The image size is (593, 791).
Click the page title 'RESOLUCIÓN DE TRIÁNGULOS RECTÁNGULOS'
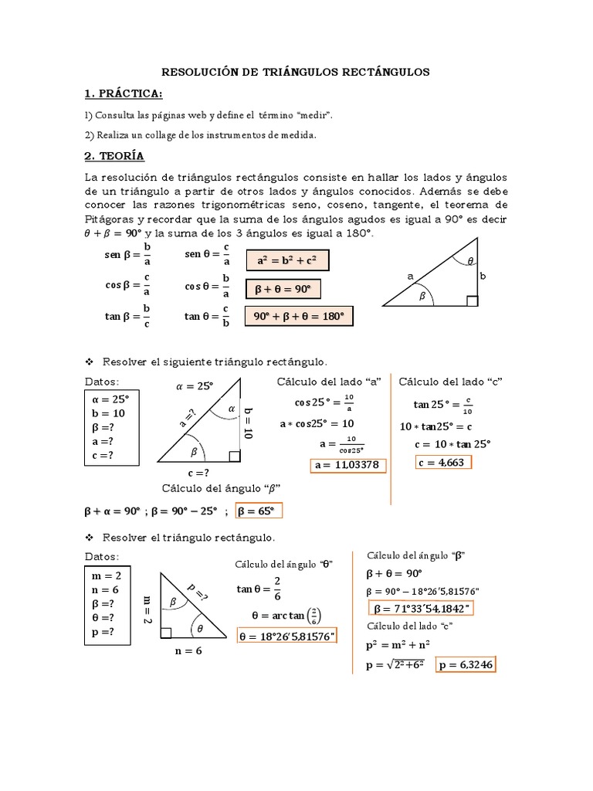click(295, 72)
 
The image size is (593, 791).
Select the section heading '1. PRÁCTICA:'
click(124, 93)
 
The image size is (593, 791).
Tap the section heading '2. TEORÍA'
click(114, 155)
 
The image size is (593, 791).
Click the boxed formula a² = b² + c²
click(287, 262)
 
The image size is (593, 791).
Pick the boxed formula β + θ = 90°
click(283, 290)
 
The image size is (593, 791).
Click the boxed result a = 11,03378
click(347, 464)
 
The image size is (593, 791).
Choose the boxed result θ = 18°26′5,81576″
click(286, 637)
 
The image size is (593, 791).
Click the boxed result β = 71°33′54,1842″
click(422, 608)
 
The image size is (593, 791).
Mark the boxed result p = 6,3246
click(466, 664)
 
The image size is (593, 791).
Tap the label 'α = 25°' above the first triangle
click(194, 386)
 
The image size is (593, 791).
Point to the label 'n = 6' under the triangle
click(188, 651)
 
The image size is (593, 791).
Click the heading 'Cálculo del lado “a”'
click(330, 382)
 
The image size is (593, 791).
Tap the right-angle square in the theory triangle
click(473, 300)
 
